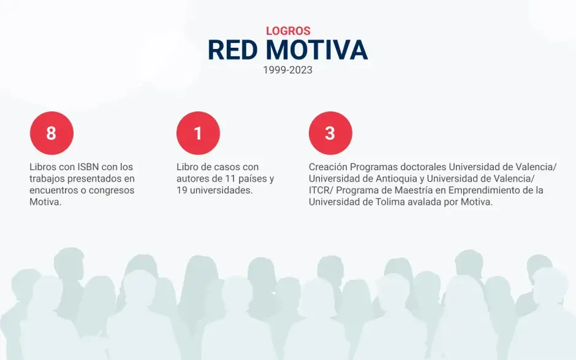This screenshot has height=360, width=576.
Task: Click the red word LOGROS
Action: pyautogui.click(x=288, y=31)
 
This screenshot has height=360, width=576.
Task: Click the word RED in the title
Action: pyautogui.click(x=232, y=50)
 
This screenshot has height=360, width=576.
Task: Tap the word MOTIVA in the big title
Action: pyautogui.click(x=317, y=50)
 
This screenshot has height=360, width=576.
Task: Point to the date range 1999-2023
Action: pyautogui.click(x=287, y=70)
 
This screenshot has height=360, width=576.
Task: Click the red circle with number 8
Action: pyautogui.click(x=51, y=133)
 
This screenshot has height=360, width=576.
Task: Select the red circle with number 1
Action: pyautogui.click(x=198, y=133)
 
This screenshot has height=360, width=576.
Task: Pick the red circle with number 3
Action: pyautogui.click(x=330, y=133)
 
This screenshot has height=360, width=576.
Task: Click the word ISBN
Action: pyautogui.click(x=88, y=167)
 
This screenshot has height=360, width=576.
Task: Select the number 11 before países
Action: pyautogui.click(x=229, y=179)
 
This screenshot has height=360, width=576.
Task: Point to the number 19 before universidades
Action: pyautogui.click(x=181, y=190)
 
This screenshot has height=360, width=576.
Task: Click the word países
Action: pyautogui.click(x=252, y=179)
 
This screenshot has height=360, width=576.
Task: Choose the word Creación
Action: pyautogui.click(x=328, y=167)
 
